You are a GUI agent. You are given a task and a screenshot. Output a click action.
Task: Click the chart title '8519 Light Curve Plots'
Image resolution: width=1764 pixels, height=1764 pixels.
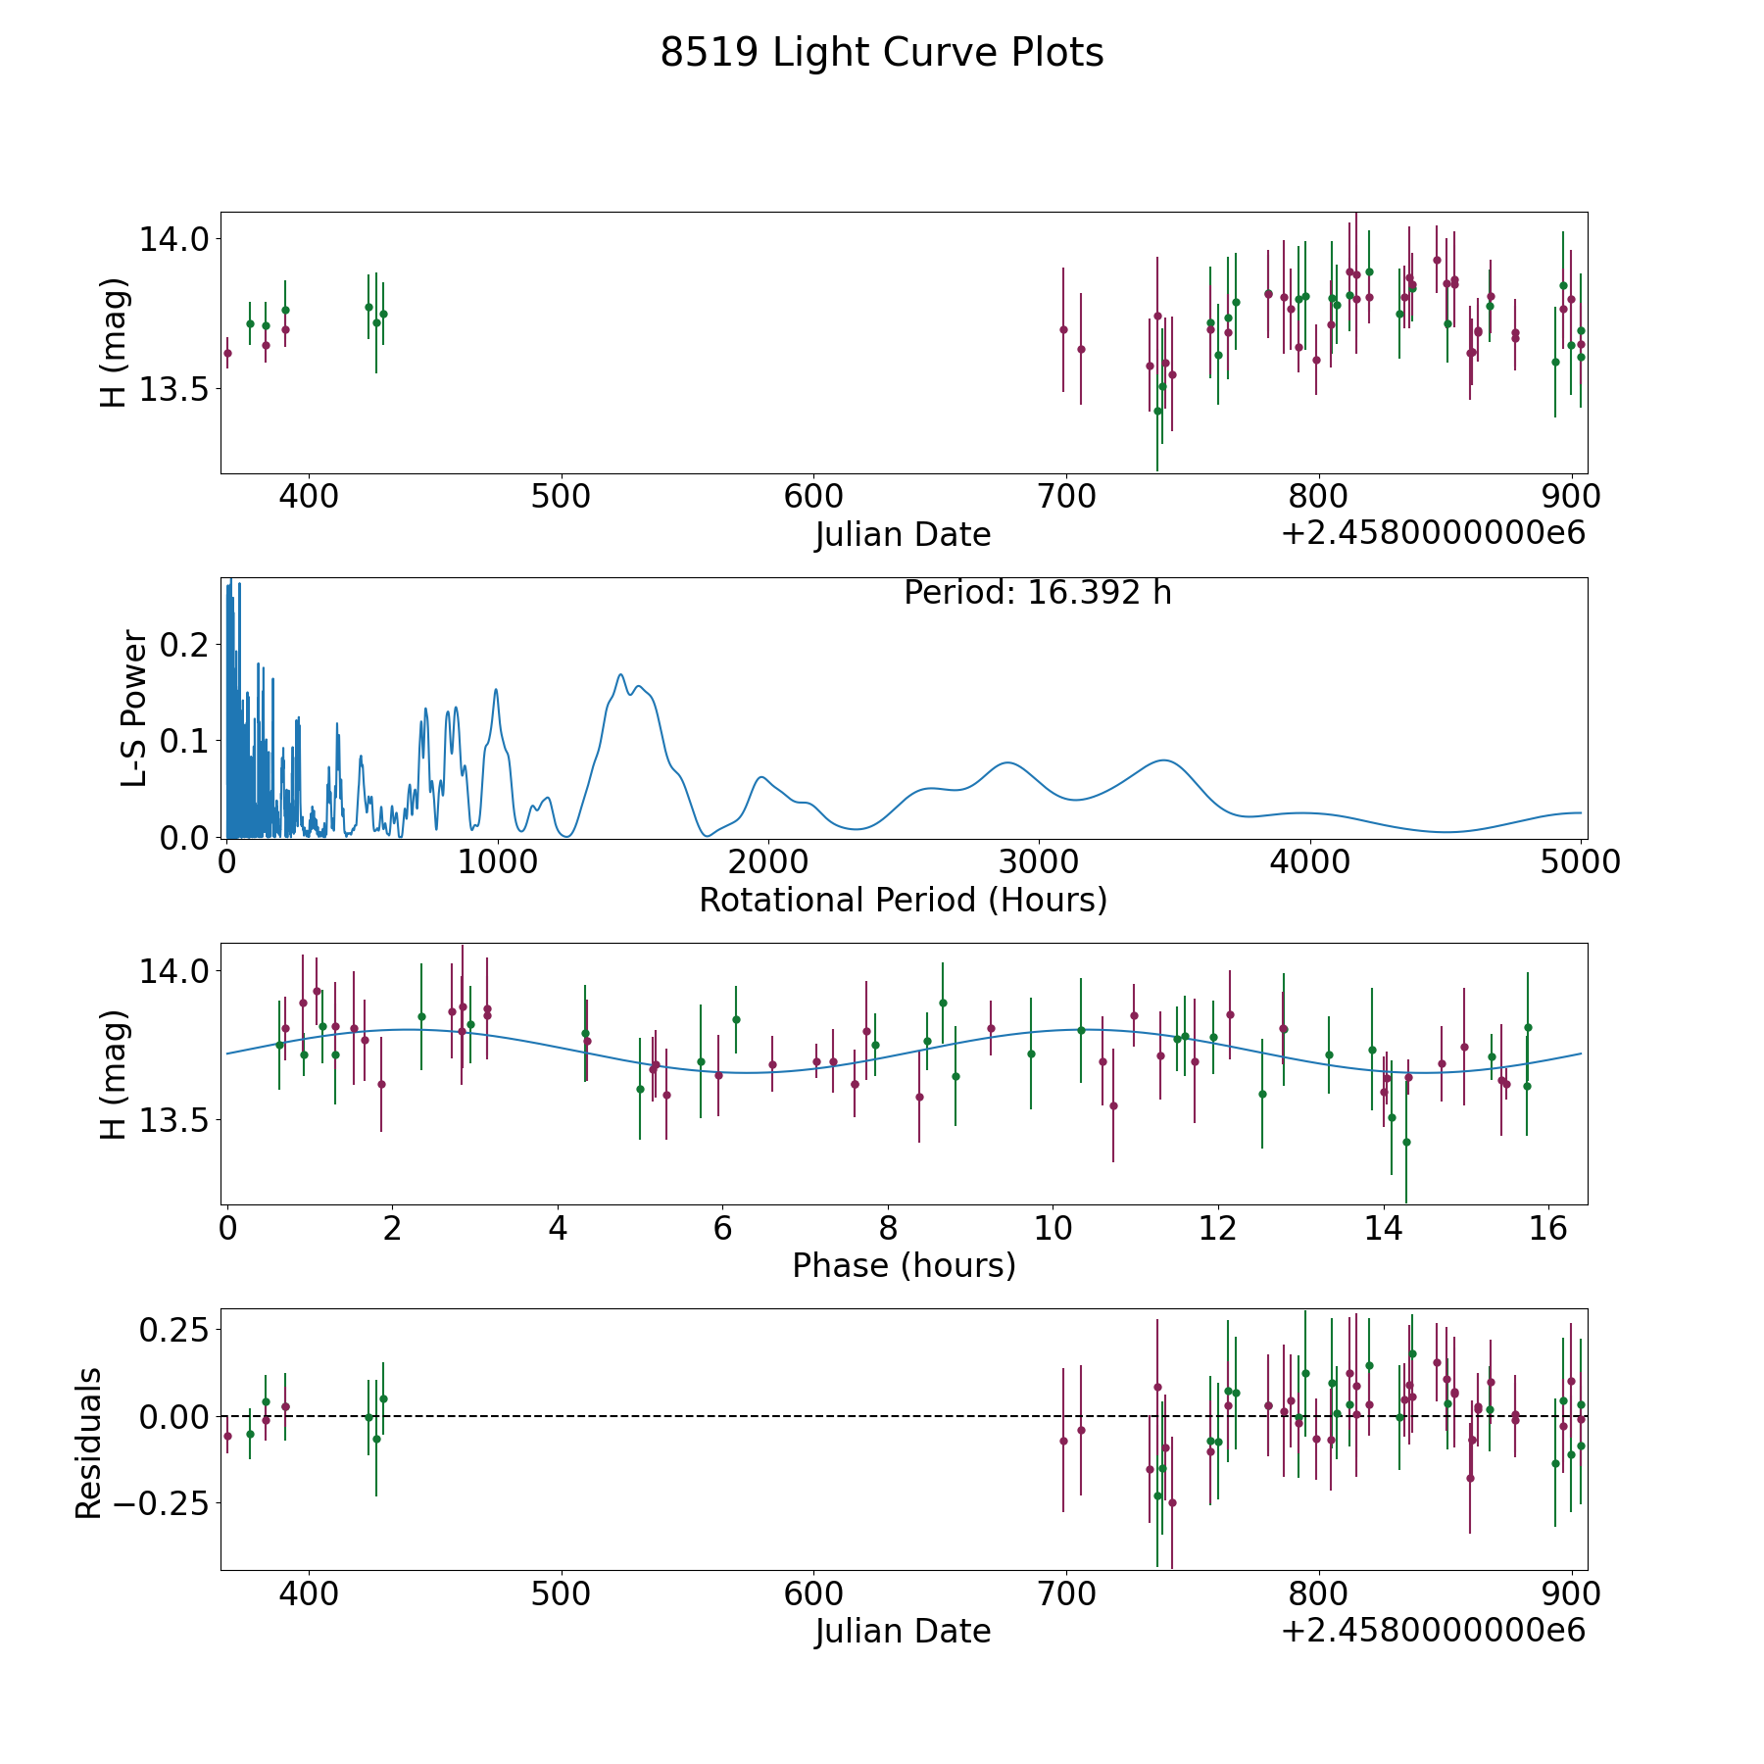tap(881, 53)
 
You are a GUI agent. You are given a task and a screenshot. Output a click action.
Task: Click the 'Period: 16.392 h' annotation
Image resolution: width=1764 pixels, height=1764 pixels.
tap(1037, 593)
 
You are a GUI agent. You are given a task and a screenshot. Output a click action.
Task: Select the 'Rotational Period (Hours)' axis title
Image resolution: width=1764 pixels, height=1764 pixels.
tap(903, 900)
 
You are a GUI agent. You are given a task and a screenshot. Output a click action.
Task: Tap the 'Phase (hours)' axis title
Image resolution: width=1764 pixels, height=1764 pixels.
tap(904, 1265)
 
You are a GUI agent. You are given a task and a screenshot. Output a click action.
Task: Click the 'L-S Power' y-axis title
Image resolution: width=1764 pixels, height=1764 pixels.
tap(135, 708)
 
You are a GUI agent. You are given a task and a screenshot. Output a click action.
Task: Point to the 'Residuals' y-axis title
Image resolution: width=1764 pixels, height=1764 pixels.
tap(88, 1443)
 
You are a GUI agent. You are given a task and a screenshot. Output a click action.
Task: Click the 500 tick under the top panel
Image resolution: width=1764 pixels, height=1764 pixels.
tap(561, 496)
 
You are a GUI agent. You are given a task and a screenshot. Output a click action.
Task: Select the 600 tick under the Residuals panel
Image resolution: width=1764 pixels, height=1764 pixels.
tap(813, 1592)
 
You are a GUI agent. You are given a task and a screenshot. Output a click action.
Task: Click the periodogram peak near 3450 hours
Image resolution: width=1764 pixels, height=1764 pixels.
tap(1163, 759)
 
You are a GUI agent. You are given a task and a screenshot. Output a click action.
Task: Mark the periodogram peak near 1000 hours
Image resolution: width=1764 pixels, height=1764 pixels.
tap(496, 689)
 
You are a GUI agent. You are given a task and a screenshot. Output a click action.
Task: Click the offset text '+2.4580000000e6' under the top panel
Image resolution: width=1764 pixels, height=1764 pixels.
tap(1433, 533)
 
